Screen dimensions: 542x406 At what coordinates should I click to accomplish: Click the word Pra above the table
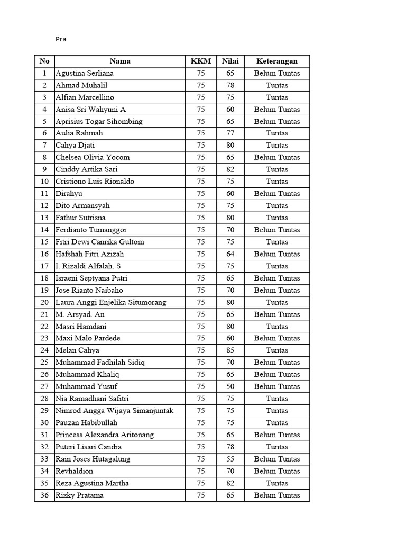[61, 39]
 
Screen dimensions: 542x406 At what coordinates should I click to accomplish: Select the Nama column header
[120, 61]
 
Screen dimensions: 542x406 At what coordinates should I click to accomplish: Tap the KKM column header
[201, 61]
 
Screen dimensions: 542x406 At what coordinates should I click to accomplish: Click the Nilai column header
[230, 61]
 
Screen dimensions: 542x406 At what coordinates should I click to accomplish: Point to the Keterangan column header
[277, 61]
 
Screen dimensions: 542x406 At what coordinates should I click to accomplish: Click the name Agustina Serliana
[85, 73]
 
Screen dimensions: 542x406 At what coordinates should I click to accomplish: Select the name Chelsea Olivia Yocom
[93, 157]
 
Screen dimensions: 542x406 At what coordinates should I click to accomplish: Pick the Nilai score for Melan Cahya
[230, 350]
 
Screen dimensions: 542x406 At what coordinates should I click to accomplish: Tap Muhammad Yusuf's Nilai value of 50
[230, 386]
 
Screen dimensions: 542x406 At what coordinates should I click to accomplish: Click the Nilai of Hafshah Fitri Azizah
[230, 254]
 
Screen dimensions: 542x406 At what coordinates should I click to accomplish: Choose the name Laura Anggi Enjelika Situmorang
[111, 302]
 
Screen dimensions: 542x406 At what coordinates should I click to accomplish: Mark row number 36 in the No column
[44, 495]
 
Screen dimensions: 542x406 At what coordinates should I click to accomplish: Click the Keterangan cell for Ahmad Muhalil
[277, 85]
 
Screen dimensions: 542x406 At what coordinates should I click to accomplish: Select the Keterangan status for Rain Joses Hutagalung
[277, 459]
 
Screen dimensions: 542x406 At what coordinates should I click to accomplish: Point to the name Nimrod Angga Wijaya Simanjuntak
[115, 411]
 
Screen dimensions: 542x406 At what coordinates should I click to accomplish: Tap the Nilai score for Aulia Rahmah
[230, 133]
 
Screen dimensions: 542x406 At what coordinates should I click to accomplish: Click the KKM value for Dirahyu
[201, 193]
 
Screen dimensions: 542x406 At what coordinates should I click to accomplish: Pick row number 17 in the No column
[44, 266]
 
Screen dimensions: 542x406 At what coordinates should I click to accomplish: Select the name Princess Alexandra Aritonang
[105, 435]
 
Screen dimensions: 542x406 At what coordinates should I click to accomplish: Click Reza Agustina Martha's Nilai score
[230, 483]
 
